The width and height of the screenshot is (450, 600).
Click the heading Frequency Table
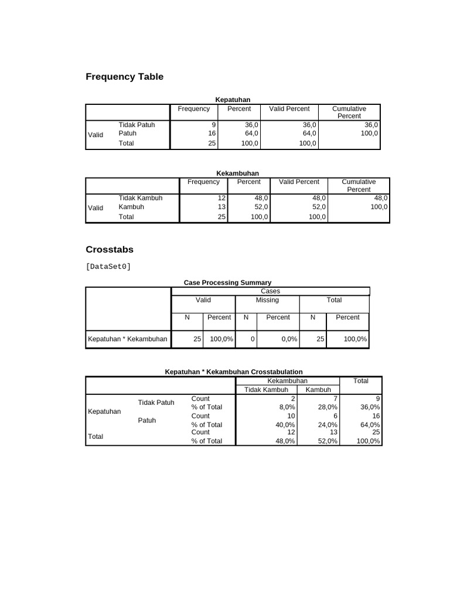pos(124,77)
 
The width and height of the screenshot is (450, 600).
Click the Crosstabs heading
pos(110,249)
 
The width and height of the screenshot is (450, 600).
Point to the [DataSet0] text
pos(108,267)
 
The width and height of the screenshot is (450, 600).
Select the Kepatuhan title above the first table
pos(233,100)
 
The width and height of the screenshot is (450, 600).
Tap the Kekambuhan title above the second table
pos(237,173)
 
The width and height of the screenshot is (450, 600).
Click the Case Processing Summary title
pos(227,282)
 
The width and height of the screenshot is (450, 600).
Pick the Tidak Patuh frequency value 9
pos(214,125)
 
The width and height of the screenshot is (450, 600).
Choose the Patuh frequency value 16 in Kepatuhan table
pos(212,134)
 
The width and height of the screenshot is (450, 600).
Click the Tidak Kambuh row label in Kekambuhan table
pos(141,198)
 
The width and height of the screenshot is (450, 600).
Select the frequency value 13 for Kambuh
pos(221,207)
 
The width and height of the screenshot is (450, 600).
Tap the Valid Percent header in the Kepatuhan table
pos(289,109)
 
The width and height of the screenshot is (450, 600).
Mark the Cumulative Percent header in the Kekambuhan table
pos(359,186)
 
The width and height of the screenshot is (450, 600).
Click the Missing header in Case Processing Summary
pos(267,300)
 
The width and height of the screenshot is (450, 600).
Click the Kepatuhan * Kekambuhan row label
pos(127,339)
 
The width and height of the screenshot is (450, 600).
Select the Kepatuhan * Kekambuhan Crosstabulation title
pos(234,372)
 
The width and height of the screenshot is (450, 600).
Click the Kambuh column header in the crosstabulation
pos(318,390)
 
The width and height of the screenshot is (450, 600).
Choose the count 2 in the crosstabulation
pos(292,399)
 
